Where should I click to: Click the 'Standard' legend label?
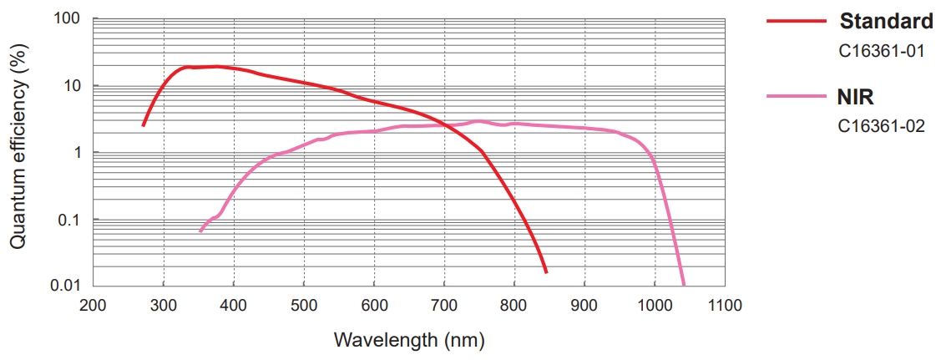click(x=886, y=21)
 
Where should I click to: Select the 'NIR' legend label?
click(x=856, y=97)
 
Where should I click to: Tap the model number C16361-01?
click(x=882, y=51)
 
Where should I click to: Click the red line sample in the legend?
click(x=796, y=21)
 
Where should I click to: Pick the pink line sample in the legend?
click(x=796, y=97)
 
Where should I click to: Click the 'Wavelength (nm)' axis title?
click(x=409, y=340)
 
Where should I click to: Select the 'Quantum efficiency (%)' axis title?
click(x=18, y=150)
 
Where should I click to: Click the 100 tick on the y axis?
click(x=67, y=18)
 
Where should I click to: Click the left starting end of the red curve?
click(x=144, y=125)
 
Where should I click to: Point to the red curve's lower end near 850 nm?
click(x=546, y=272)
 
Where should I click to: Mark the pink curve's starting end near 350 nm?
click(x=200, y=231)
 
